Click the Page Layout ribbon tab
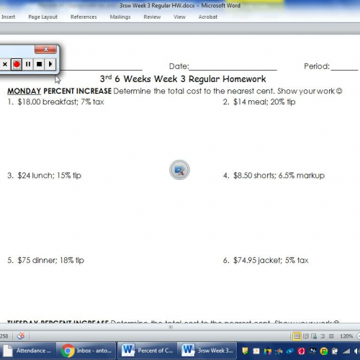tap(42, 17)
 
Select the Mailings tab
tap(120, 17)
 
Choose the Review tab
tap(152, 17)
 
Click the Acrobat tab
tap(208, 17)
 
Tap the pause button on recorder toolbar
tap(27, 64)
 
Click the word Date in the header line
tap(178, 66)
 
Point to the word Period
tap(315, 66)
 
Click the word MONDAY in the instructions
tap(24, 91)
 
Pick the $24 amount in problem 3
tap(26, 175)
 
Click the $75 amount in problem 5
tap(26, 260)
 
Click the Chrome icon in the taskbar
tap(68, 351)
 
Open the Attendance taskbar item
tap(29, 351)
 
